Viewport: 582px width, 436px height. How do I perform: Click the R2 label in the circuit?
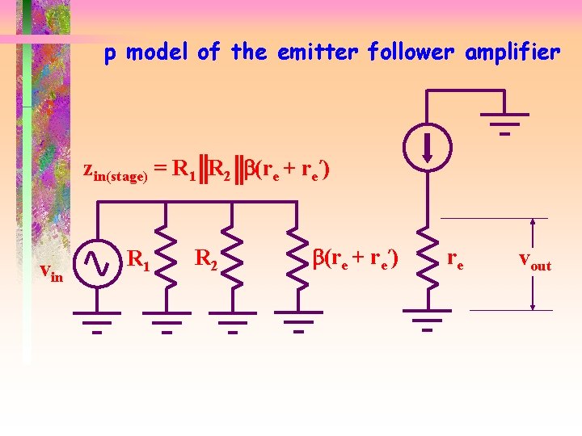pos(206,259)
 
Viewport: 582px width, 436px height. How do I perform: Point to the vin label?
pos(52,275)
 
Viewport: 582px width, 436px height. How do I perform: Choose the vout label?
pos(534,262)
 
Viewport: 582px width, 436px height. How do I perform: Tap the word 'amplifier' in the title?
pos(513,53)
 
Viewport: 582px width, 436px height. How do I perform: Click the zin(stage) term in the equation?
pos(116,172)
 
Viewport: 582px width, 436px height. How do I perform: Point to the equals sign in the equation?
pos(161,169)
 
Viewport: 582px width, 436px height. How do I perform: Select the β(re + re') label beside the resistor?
pos(356,259)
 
